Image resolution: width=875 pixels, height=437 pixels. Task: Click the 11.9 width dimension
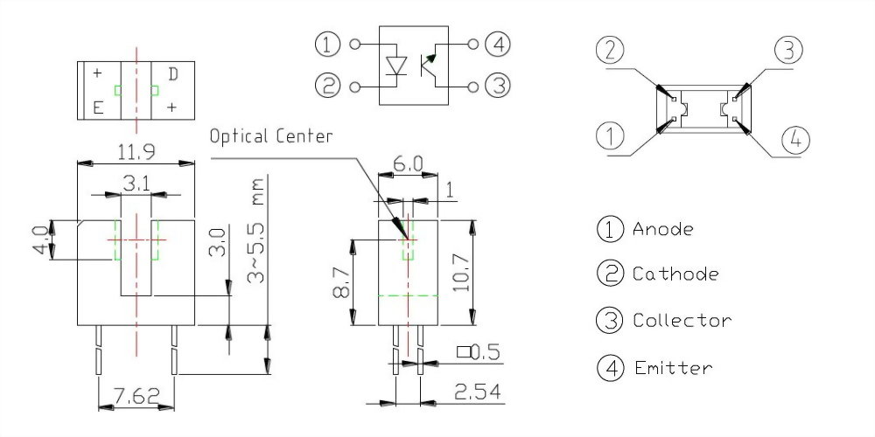[136, 152]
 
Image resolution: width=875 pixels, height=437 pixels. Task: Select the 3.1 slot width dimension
[135, 184]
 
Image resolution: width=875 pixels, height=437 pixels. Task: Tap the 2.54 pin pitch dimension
[478, 393]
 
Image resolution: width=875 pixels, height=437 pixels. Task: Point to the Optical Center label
[271, 136]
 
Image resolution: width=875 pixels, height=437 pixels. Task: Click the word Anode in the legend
[662, 229]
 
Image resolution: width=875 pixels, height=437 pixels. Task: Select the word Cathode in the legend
[675, 274]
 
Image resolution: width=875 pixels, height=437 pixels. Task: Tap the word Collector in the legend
[682, 321]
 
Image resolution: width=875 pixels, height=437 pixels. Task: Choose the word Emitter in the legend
[672, 368]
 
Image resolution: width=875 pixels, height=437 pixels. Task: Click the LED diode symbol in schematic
[397, 66]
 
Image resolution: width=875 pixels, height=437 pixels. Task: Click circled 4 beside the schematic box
[499, 44]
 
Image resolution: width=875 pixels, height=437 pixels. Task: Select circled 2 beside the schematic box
[326, 87]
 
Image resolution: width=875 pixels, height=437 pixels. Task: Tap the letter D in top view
[173, 74]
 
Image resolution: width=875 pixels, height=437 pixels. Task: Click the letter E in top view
[98, 108]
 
